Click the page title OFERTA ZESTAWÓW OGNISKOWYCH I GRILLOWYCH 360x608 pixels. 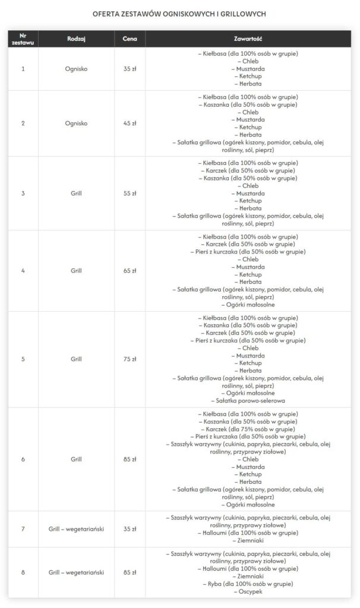pos(179,12)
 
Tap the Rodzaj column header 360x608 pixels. pos(77,39)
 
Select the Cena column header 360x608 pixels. pos(130,39)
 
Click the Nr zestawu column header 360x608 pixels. pos(23,39)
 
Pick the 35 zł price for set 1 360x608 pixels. pos(130,69)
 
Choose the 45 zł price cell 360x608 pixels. pos(130,123)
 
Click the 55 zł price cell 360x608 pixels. pos(130,193)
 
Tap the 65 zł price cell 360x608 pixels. pos(130,270)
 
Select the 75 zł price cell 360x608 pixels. pos(130,359)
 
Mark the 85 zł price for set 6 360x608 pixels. pos(130,459)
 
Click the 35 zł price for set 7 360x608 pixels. pos(130,528)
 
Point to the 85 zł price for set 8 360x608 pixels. pos(130,572)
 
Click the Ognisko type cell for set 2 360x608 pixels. pos(77,123)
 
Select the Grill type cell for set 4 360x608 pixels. pos(77,270)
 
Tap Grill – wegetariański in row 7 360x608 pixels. pos(77,528)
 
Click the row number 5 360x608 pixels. pos(23,359)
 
